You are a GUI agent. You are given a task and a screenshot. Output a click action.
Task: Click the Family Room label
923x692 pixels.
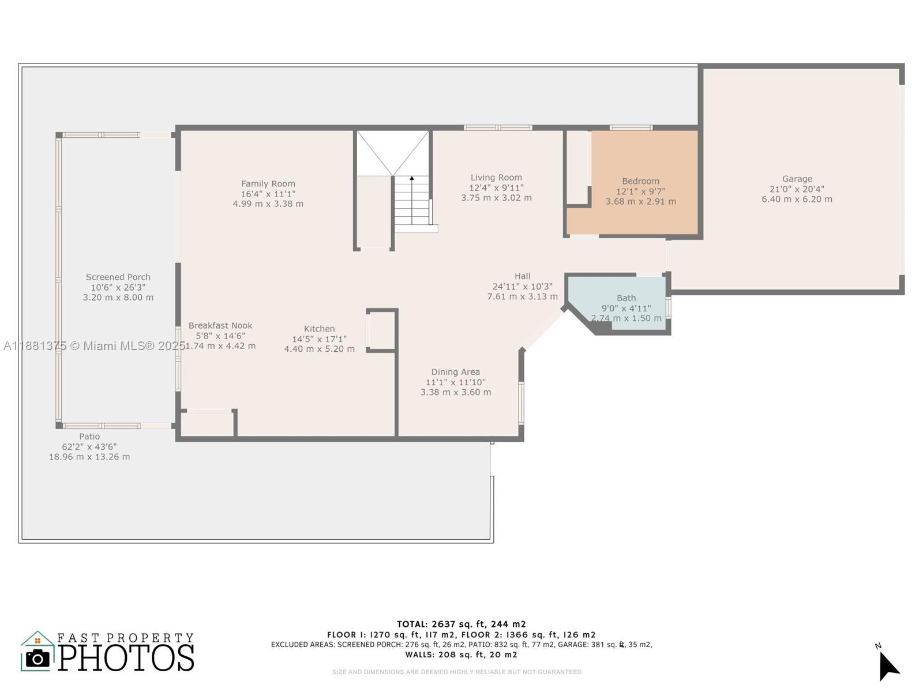tap(268, 184)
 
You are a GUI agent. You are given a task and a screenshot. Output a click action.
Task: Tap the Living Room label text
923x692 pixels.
tap(496, 178)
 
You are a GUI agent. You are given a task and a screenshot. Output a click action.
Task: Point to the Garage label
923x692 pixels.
tap(797, 179)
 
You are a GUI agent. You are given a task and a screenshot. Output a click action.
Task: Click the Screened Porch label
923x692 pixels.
tap(118, 277)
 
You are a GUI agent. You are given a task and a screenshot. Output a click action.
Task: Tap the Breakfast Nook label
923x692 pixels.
tap(220, 326)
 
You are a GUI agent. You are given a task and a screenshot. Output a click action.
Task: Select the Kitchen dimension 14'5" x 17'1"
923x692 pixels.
tap(319, 339)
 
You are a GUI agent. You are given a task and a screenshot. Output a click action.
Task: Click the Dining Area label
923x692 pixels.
tap(455, 372)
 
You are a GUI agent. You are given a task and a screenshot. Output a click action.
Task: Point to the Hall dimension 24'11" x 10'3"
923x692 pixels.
tap(522, 287)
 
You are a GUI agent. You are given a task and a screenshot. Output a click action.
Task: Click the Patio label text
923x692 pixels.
tap(89, 437)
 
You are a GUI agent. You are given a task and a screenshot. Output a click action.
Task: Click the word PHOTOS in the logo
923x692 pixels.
tap(126, 658)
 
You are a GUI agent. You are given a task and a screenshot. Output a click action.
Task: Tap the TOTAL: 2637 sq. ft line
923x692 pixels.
tap(461, 624)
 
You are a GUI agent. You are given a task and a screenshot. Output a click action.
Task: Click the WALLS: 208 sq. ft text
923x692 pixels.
tap(461, 655)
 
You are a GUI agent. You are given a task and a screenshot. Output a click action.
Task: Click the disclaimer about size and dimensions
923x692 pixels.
tap(456, 672)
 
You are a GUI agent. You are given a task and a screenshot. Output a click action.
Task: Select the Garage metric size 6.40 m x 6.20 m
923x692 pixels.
tap(797, 200)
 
